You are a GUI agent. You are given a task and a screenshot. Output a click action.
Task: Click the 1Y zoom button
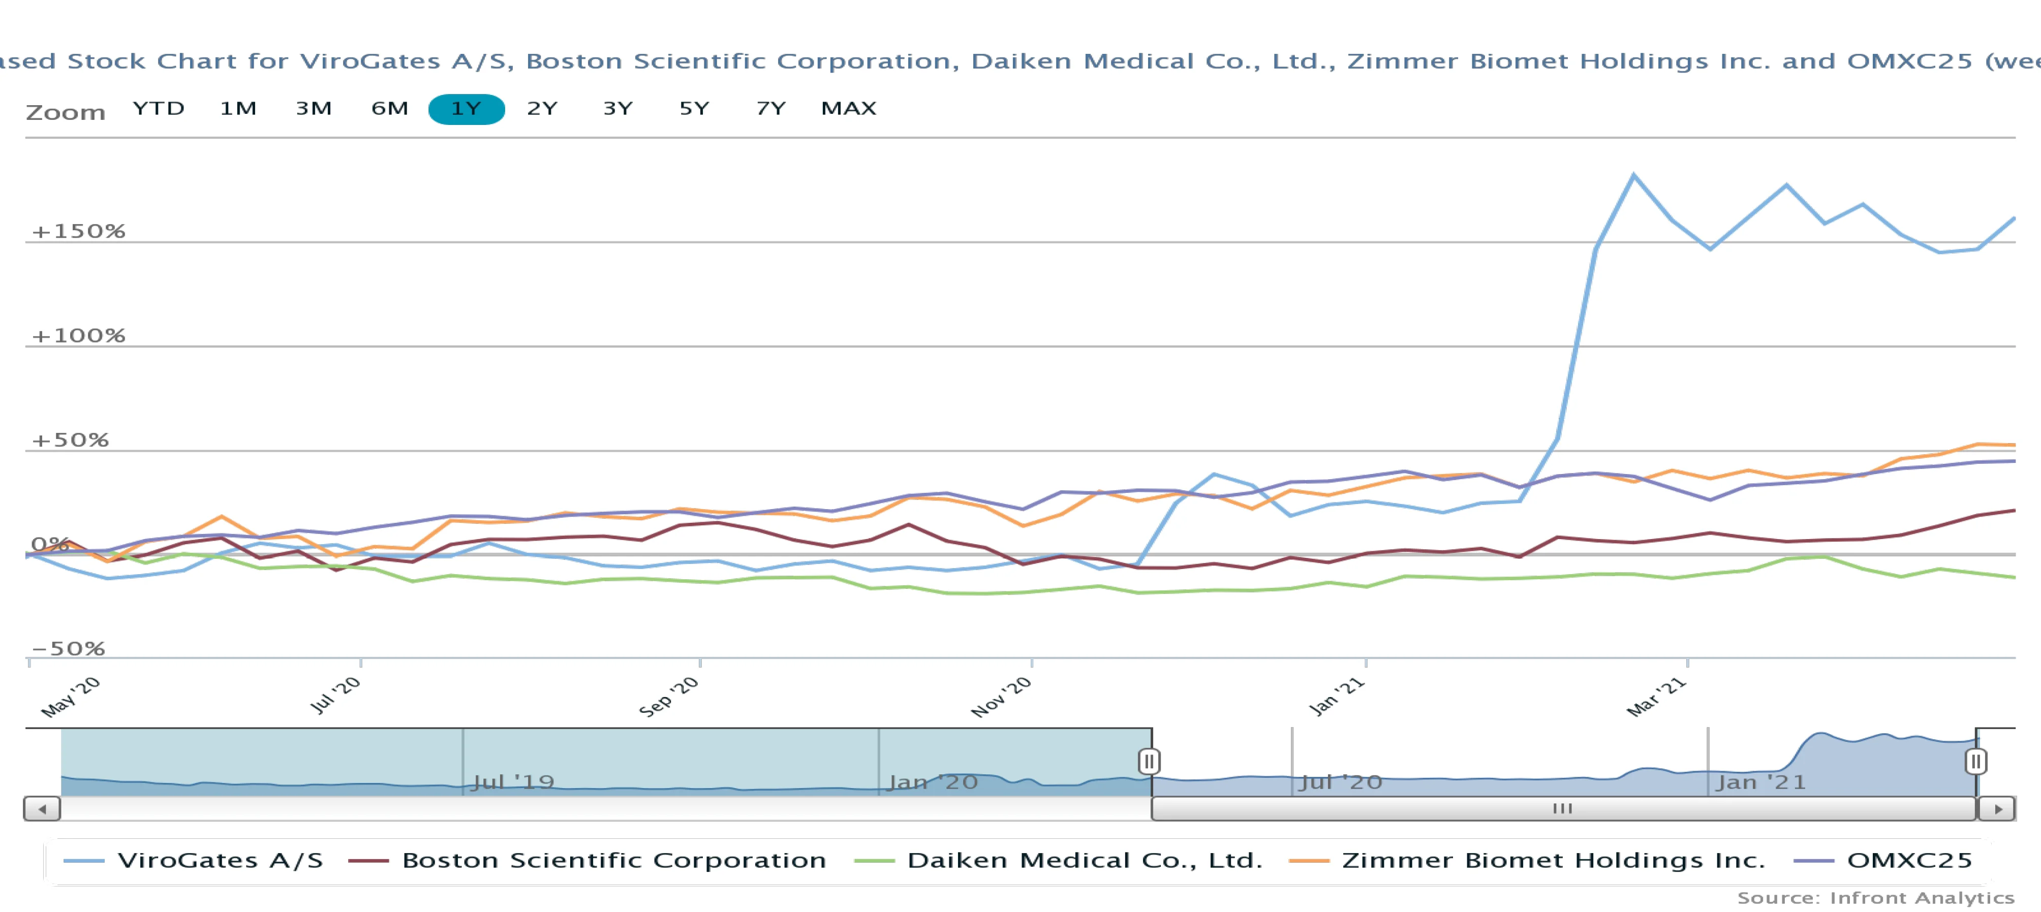click(x=466, y=109)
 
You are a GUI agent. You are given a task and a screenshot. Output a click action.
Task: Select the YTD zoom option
click(x=159, y=109)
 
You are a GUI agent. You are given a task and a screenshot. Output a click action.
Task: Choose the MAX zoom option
click(x=849, y=109)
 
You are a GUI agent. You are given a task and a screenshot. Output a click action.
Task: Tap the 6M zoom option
click(x=390, y=109)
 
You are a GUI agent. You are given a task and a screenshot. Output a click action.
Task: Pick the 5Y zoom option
click(x=694, y=109)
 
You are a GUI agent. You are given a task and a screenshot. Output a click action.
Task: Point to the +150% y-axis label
click(x=78, y=231)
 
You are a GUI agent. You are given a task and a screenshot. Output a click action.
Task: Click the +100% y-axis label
click(x=78, y=336)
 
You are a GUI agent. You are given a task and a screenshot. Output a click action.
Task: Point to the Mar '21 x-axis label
click(x=1656, y=697)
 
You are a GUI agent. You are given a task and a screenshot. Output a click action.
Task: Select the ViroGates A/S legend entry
click(x=194, y=861)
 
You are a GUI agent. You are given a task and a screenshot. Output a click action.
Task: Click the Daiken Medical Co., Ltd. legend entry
click(x=1059, y=861)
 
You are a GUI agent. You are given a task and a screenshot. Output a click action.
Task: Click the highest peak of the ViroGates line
click(x=1634, y=175)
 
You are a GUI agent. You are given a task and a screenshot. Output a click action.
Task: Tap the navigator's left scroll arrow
click(x=42, y=809)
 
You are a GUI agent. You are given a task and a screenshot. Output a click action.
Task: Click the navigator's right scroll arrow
click(x=1997, y=809)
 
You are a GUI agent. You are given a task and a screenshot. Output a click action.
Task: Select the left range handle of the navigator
click(x=1149, y=762)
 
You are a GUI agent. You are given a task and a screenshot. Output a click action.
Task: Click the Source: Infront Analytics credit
click(x=1875, y=898)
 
